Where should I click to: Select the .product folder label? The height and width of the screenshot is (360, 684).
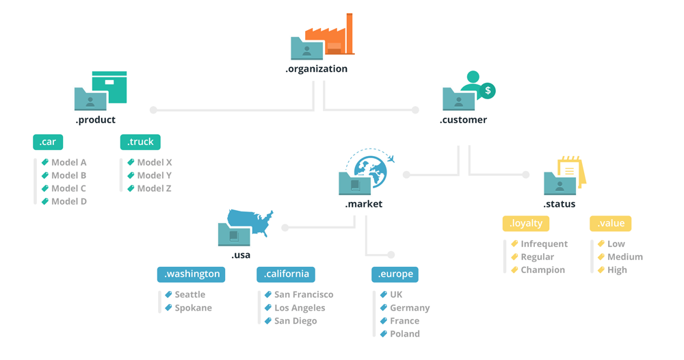(x=95, y=120)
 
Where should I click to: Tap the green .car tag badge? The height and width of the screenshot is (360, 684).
(x=48, y=142)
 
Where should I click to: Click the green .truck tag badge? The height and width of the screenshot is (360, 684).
(x=140, y=142)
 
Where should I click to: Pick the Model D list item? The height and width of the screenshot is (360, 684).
(x=68, y=201)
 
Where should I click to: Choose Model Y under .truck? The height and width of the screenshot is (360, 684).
(x=154, y=175)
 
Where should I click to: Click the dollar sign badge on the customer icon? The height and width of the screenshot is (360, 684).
(x=487, y=90)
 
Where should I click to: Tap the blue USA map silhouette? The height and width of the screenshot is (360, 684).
(x=251, y=221)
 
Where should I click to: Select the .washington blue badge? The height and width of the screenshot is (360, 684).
(x=191, y=274)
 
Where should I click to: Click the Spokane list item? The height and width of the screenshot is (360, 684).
(x=193, y=308)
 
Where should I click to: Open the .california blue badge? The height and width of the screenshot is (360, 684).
(x=286, y=274)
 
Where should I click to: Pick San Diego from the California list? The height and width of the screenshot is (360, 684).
(x=295, y=321)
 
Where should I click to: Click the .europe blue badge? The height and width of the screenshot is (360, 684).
(x=395, y=274)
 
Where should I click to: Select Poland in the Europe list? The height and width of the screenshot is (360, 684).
(x=404, y=334)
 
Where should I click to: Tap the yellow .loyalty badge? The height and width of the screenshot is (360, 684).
(x=526, y=223)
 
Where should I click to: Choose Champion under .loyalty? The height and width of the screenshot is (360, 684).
(x=542, y=270)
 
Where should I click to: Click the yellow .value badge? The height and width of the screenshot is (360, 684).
(x=611, y=223)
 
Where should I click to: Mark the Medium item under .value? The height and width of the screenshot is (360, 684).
(x=624, y=257)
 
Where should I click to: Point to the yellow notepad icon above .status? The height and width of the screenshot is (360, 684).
(x=571, y=171)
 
